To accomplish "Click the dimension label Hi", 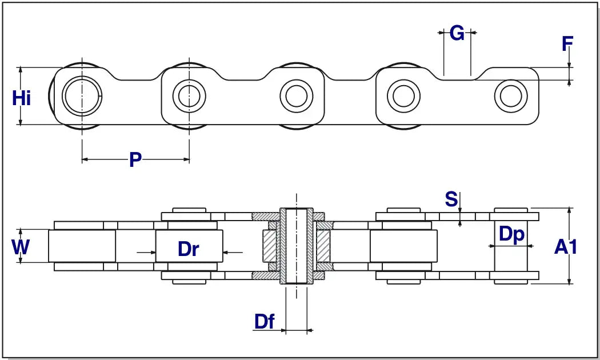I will (22, 98).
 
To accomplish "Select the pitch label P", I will (135, 160).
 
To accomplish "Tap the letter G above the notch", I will (457, 34).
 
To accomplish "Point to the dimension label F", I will (567, 44).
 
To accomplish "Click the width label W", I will (21, 247).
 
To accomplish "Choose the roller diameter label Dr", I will (188, 249).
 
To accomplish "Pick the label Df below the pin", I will (265, 322).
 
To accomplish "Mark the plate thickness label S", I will (451, 199).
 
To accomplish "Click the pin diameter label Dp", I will (511, 234).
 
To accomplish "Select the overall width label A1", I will (566, 247).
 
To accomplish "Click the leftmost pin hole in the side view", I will (82, 95).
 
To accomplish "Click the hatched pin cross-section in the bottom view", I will (297, 246).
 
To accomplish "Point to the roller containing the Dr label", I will (189, 246).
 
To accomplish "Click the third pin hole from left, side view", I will (295, 95).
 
